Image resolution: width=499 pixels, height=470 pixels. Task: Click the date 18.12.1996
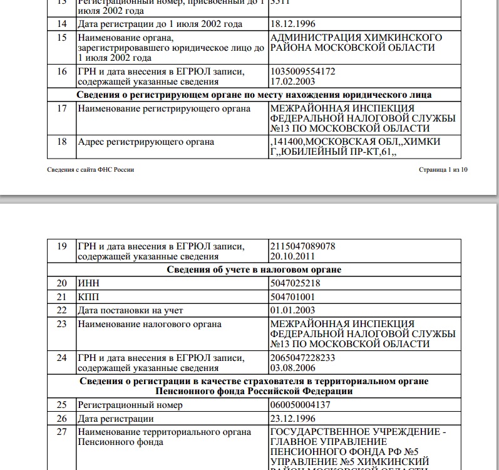click(x=292, y=24)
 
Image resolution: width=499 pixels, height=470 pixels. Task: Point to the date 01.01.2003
click(x=292, y=310)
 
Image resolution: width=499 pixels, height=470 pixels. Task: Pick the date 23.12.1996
click(x=292, y=419)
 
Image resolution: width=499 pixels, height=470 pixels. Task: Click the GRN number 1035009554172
click(x=302, y=71)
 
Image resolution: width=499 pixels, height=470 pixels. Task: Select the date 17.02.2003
click(x=292, y=81)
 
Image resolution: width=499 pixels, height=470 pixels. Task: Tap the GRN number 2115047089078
click(x=302, y=246)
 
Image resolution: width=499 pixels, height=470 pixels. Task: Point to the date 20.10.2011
click(x=292, y=256)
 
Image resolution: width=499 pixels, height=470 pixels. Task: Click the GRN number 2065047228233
click(x=302, y=357)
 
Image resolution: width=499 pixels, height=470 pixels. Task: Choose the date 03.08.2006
click(x=292, y=367)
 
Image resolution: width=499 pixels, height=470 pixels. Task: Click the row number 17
click(x=62, y=109)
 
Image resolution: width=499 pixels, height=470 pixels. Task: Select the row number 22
click(x=62, y=310)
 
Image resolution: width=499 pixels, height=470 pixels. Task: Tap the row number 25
click(x=62, y=405)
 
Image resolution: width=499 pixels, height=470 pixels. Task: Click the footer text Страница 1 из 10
click(x=443, y=170)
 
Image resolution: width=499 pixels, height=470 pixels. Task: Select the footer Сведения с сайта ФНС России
click(x=91, y=170)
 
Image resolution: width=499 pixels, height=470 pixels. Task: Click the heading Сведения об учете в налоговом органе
click(x=254, y=269)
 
